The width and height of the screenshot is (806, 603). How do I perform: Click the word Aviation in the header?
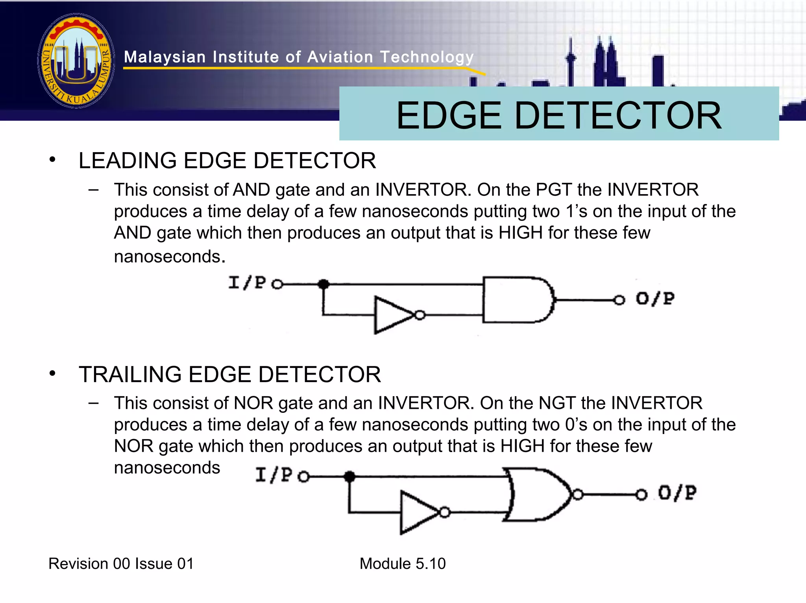[x=340, y=57]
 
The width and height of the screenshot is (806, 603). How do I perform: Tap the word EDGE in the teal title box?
[x=449, y=116]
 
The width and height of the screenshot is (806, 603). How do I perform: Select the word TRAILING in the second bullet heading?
[x=130, y=374]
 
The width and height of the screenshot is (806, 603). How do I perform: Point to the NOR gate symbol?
[x=539, y=494]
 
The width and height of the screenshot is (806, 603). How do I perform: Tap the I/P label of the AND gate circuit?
[x=247, y=283]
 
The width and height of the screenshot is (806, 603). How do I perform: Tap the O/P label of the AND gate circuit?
[x=655, y=299]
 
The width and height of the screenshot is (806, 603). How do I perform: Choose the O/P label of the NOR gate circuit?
[x=677, y=493]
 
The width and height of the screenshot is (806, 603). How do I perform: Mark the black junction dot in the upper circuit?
[x=324, y=284]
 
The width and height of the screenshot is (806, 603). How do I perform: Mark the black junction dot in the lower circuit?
[x=349, y=477]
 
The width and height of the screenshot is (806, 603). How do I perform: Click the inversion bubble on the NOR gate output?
[x=577, y=494]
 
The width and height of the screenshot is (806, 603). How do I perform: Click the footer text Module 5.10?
[x=403, y=564]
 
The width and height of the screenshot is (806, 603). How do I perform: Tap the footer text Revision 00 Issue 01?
[x=121, y=564]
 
